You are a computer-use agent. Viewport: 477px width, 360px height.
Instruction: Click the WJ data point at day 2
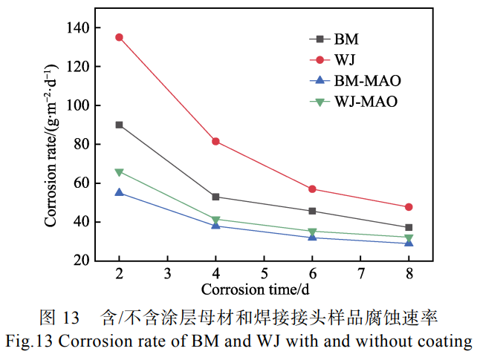119,37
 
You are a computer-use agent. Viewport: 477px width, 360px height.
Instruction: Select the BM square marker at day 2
119,125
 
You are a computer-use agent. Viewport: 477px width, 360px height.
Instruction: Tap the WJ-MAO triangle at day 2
119,172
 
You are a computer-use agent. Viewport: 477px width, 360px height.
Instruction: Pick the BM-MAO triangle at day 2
119,192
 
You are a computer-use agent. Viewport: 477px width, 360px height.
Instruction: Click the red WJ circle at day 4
215,141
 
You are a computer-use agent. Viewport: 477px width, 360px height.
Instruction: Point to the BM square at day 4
215,197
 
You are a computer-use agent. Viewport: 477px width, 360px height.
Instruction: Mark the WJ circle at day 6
312,189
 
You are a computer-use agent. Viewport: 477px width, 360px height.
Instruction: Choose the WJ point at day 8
409,207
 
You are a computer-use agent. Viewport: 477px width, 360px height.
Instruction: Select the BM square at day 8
409,228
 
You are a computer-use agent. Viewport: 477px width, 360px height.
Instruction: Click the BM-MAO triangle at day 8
409,243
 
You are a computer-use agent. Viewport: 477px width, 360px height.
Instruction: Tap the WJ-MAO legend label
366,102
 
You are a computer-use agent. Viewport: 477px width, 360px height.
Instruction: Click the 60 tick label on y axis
82,183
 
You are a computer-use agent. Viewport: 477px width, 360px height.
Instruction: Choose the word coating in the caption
447,341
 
